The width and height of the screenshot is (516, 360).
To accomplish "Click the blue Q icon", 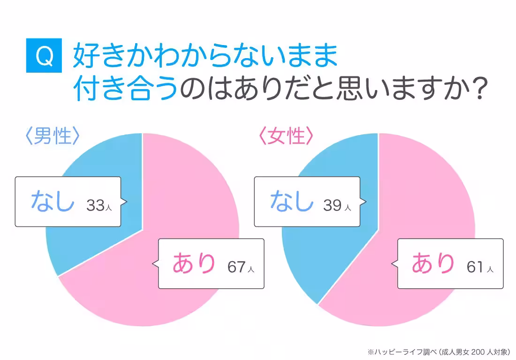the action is tap(44, 55).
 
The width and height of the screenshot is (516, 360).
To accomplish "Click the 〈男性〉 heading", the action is tap(53, 136).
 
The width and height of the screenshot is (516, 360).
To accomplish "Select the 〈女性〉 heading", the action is tap(286, 136).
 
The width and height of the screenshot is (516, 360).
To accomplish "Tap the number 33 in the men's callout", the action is tap(95, 205).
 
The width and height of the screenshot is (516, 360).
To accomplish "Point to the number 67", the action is tap(236, 267).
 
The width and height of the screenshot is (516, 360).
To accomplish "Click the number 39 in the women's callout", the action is tap(333, 205).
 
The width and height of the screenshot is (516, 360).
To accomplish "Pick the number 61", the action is tap(475, 267).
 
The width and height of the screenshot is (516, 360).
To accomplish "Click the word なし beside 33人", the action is tap(53, 201).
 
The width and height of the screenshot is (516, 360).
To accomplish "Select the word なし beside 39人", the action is tap(292, 201).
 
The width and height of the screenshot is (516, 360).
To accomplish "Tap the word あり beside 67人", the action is tap(194, 262).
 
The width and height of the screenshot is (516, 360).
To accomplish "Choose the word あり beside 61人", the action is tap(433, 262).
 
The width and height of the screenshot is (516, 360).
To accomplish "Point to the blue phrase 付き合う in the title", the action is tap(126, 88).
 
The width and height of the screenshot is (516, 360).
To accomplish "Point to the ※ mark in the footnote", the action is tap(371, 352).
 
